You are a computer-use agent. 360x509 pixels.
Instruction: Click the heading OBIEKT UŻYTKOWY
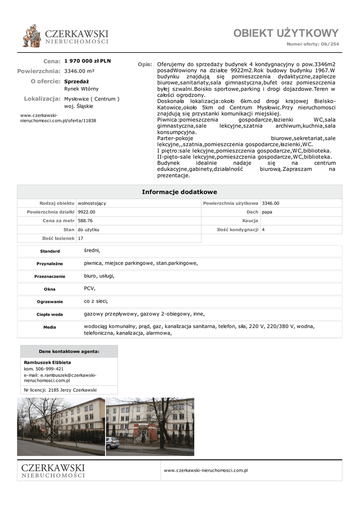coord(286,33)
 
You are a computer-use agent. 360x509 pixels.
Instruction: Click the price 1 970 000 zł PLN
coord(88,61)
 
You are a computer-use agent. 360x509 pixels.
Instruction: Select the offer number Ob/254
coord(330,44)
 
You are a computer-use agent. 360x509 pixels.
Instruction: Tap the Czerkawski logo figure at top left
coord(32,35)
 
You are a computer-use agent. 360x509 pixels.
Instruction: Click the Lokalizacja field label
coord(42,99)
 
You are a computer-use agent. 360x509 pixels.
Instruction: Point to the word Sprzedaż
coord(77,81)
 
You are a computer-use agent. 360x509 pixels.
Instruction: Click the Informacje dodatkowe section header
coord(180,192)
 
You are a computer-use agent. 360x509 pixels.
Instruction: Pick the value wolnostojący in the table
coord(92,203)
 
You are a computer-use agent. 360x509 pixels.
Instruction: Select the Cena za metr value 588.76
coord(86,221)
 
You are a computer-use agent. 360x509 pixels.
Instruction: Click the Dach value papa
coord(267,212)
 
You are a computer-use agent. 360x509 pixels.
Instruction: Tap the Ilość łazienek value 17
coord(81,239)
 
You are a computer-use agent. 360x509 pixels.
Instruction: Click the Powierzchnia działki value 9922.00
coord(87,212)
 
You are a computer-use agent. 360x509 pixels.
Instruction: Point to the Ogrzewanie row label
coord(50,302)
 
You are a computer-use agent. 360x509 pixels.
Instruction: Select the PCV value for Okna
coord(89,288)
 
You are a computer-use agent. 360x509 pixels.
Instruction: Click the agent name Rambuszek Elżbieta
coord(47,362)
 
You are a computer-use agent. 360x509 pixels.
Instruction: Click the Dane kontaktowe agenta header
coord(69,351)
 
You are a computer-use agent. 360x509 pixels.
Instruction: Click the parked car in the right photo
coord(113,442)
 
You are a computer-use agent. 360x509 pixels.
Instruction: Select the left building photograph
coord(61,426)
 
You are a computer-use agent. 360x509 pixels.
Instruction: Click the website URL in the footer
coord(206,470)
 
